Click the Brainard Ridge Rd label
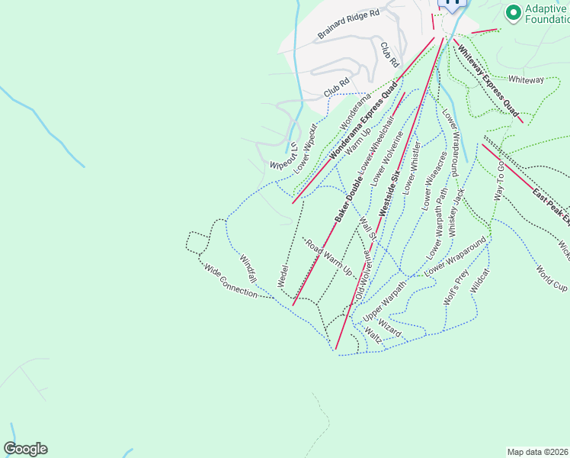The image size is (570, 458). [348, 25]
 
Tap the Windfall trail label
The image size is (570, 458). [248, 268]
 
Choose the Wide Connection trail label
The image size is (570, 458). [230, 280]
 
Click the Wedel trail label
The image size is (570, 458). [283, 275]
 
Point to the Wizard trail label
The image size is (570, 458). [389, 328]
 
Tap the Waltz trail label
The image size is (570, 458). [373, 336]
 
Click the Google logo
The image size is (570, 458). [25, 449]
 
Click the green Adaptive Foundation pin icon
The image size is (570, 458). [511, 12]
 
